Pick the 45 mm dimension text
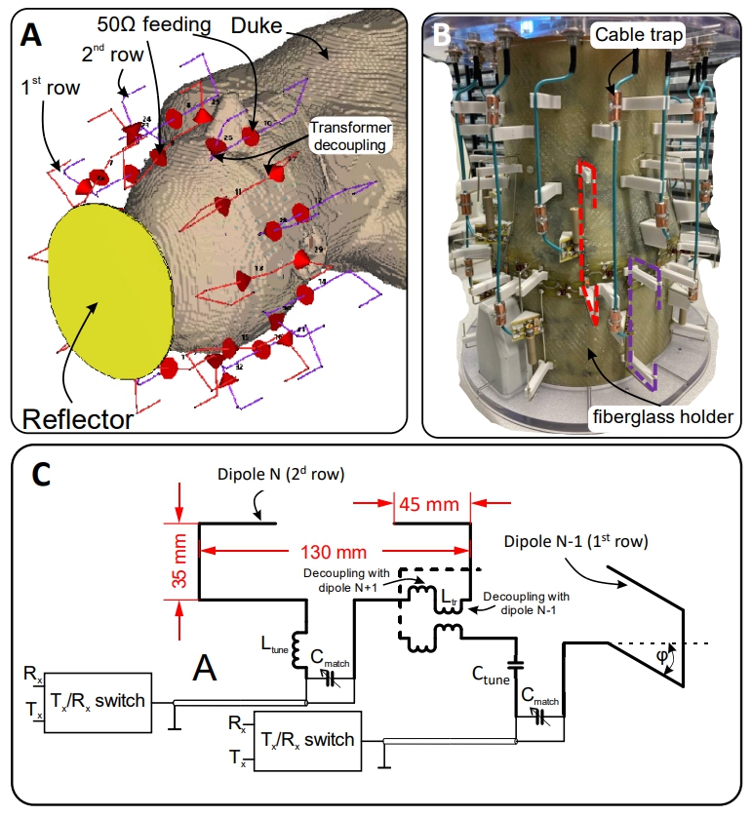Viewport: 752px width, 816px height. tap(432, 505)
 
